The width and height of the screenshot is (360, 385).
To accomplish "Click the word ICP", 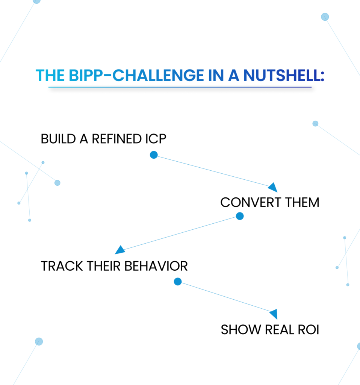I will pos(155,139).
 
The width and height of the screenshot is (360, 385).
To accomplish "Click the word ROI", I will pos(307,330).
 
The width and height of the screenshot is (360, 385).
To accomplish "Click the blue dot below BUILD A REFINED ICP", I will pos(154,155).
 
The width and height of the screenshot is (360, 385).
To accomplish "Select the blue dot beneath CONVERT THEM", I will pos(240,216).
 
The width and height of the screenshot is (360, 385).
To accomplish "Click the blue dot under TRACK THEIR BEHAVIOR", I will pos(178,281).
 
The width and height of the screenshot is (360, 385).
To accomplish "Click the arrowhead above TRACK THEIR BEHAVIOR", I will pos(119,250).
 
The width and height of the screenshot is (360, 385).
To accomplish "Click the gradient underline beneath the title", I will pos(180,88).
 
